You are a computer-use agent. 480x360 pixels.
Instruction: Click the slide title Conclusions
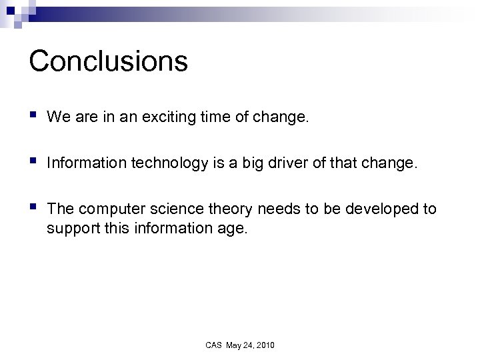pyautogui.click(x=109, y=61)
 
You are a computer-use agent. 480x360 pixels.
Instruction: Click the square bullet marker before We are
pyautogui.click(x=33, y=116)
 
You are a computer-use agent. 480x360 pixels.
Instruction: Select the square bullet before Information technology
pyautogui.click(x=33, y=161)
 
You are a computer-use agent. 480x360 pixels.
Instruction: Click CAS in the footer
pyautogui.click(x=213, y=345)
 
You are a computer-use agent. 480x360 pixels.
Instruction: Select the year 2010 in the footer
pyautogui.click(x=263, y=345)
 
